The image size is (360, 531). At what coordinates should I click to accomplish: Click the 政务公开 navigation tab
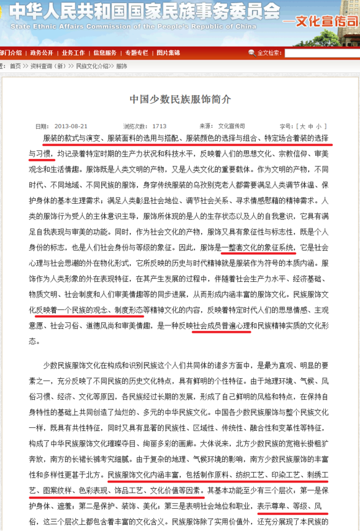[x=42, y=53]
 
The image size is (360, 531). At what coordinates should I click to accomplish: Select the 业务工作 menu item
[x=73, y=53]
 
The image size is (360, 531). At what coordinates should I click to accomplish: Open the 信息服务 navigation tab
[x=105, y=53]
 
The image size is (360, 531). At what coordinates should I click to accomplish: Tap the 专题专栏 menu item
[x=136, y=53]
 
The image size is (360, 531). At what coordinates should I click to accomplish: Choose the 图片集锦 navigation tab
[x=168, y=53]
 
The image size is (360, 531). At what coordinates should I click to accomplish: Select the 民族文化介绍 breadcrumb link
[x=92, y=66]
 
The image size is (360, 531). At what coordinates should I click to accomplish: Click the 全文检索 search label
[x=269, y=53]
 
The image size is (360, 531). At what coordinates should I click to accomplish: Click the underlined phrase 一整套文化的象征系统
[x=258, y=247]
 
